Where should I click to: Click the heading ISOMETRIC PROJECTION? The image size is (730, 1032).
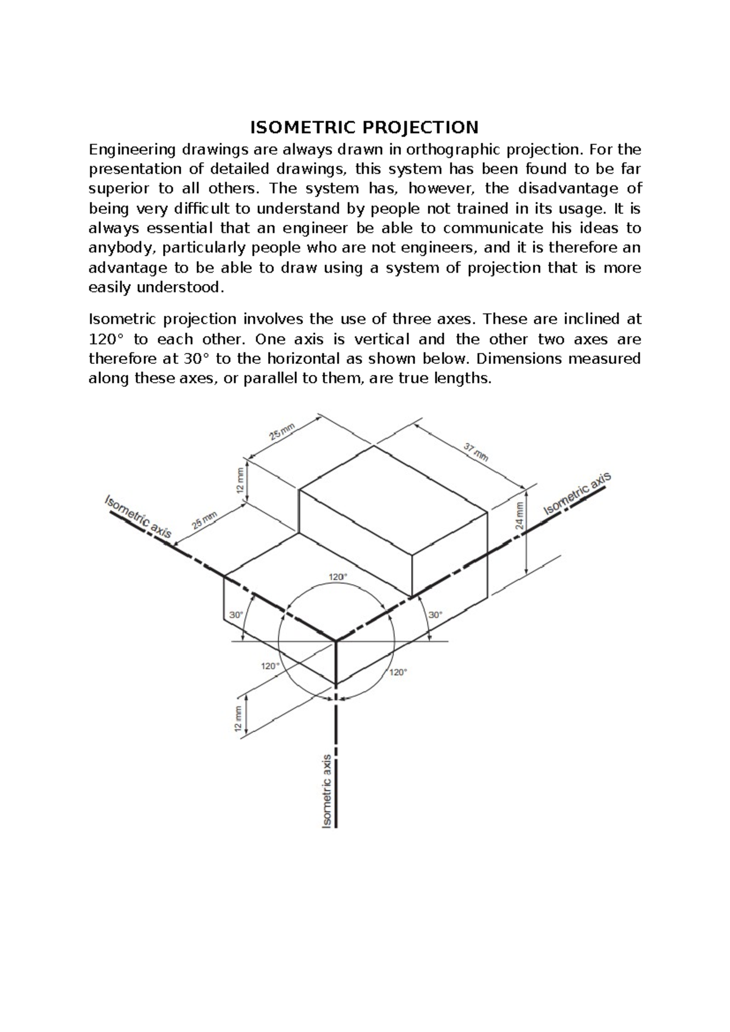[x=364, y=127]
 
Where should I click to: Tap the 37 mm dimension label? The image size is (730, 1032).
[x=476, y=451]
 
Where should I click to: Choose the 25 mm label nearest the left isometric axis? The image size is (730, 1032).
[x=204, y=521]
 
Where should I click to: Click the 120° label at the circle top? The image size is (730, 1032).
[x=338, y=576]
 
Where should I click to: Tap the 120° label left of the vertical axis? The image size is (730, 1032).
[x=271, y=666]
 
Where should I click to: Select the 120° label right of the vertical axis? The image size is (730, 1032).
[x=398, y=672]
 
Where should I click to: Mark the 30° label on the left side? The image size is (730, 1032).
[x=236, y=615]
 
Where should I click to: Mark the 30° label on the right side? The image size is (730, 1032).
[x=436, y=615]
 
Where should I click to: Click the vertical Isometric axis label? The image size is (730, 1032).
[x=327, y=791]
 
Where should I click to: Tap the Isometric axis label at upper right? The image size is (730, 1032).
[x=577, y=493]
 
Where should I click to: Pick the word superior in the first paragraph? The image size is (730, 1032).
[x=119, y=189]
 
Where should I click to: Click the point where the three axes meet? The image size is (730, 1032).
[x=336, y=641]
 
